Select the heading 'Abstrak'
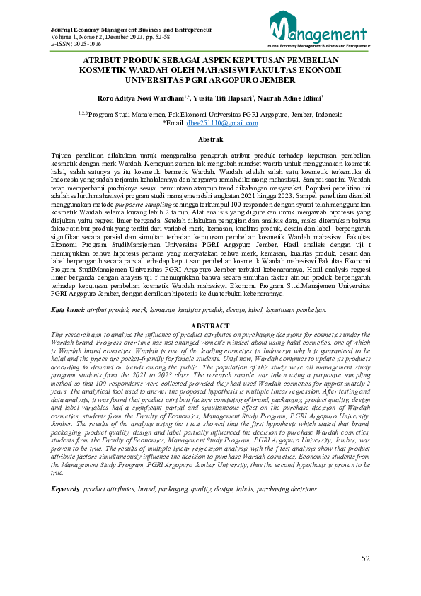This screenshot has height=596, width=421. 210,139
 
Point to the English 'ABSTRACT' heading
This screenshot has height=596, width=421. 210,326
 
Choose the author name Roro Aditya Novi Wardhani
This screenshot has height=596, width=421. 136,98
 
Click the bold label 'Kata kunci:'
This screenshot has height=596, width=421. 68,310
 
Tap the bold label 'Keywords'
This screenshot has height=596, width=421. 66,489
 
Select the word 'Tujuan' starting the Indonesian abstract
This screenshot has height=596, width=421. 64,154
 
